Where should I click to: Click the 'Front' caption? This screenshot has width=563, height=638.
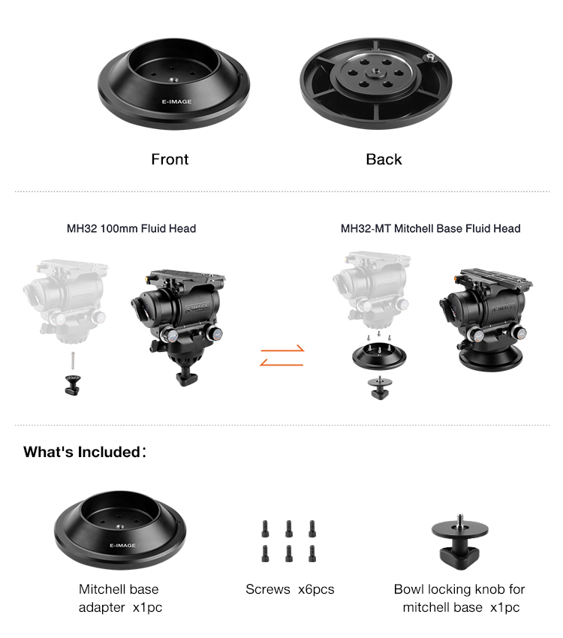point(170,159)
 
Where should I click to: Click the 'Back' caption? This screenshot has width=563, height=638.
point(384,159)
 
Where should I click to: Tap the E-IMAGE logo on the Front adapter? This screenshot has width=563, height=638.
point(176,101)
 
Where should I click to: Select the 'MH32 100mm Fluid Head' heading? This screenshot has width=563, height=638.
point(131,228)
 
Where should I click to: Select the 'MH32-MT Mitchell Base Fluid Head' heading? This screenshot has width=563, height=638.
point(430,228)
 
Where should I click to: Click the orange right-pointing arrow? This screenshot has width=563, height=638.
point(282,349)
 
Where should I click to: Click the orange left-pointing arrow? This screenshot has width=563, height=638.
point(281,363)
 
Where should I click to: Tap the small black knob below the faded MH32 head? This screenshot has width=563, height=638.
point(72,384)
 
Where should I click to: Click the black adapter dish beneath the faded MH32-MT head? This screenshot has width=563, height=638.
point(379,356)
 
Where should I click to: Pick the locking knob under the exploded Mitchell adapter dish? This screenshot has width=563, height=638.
point(380,388)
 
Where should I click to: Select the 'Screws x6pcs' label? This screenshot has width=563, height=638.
point(290,588)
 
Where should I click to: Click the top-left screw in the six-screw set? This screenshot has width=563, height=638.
point(265,528)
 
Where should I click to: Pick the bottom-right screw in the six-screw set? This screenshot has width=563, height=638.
point(312,553)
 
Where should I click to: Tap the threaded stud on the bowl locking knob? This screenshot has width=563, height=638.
point(459,519)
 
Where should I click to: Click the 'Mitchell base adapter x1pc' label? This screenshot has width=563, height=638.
point(120,597)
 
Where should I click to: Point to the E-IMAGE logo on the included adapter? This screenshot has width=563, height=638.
point(122,545)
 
